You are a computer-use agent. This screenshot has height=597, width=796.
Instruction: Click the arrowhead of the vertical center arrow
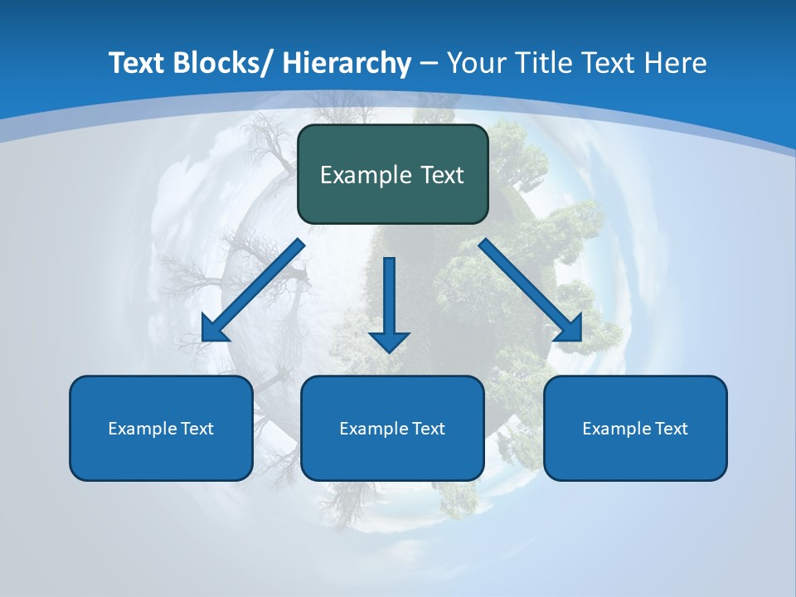pyautogui.click(x=389, y=341)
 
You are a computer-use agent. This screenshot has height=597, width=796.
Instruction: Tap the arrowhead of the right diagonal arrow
pyautogui.click(x=570, y=330)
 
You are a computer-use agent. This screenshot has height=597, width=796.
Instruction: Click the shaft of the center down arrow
pyautogui.click(x=389, y=290)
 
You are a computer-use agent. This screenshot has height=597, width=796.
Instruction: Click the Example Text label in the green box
pyautogui.click(x=392, y=175)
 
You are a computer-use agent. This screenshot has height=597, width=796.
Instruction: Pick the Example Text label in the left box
pyautogui.click(x=161, y=429)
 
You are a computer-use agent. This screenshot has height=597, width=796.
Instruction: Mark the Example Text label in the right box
pyautogui.click(x=635, y=429)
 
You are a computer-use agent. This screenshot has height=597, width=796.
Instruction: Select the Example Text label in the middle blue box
pyautogui.click(x=392, y=429)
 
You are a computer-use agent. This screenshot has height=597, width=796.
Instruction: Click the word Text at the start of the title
pyautogui.click(x=137, y=63)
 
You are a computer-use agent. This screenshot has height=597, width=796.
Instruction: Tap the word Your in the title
pyautogui.click(x=476, y=63)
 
